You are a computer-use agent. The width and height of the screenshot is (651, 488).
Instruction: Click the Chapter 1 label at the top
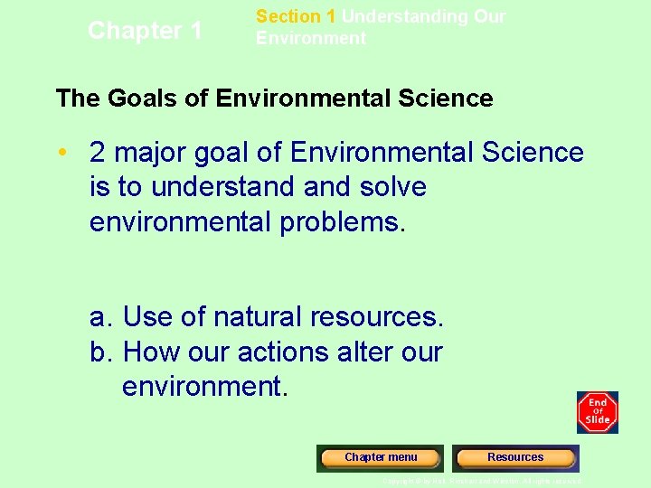(x=145, y=31)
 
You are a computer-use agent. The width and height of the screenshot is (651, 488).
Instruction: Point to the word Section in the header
(x=283, y=16)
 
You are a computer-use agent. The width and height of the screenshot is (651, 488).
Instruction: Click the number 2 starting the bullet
(x=99, y=153)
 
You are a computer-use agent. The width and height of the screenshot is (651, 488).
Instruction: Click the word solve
(x=392, y=187)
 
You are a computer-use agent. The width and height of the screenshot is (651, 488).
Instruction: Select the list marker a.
(x=100, y=317)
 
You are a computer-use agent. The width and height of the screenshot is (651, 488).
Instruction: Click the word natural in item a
(x=259, y=317)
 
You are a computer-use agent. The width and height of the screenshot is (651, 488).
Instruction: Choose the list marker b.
(x=100, y=352)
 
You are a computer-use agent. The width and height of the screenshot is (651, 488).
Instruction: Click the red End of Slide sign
(x=598, y=413)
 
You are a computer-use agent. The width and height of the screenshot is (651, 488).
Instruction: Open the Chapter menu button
(x=381, y=457)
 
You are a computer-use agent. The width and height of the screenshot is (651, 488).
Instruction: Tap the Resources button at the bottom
(x=515, y=457)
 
